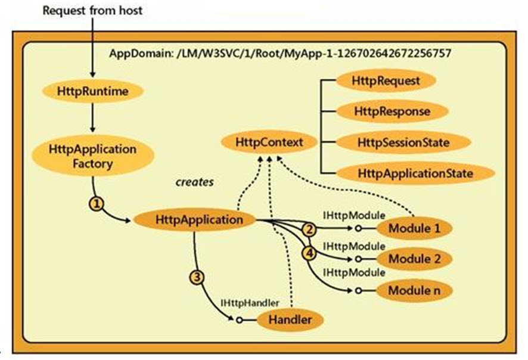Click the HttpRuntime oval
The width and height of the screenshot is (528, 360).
[92, 91]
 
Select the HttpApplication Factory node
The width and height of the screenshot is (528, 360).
[92, 155]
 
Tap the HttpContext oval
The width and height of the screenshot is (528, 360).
[262, 143]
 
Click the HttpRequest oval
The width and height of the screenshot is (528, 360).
[378, 80]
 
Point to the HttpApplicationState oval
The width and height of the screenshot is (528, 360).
[415, 173]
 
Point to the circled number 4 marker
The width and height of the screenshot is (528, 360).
[309, 252]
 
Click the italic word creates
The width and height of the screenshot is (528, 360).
[194, 181]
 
